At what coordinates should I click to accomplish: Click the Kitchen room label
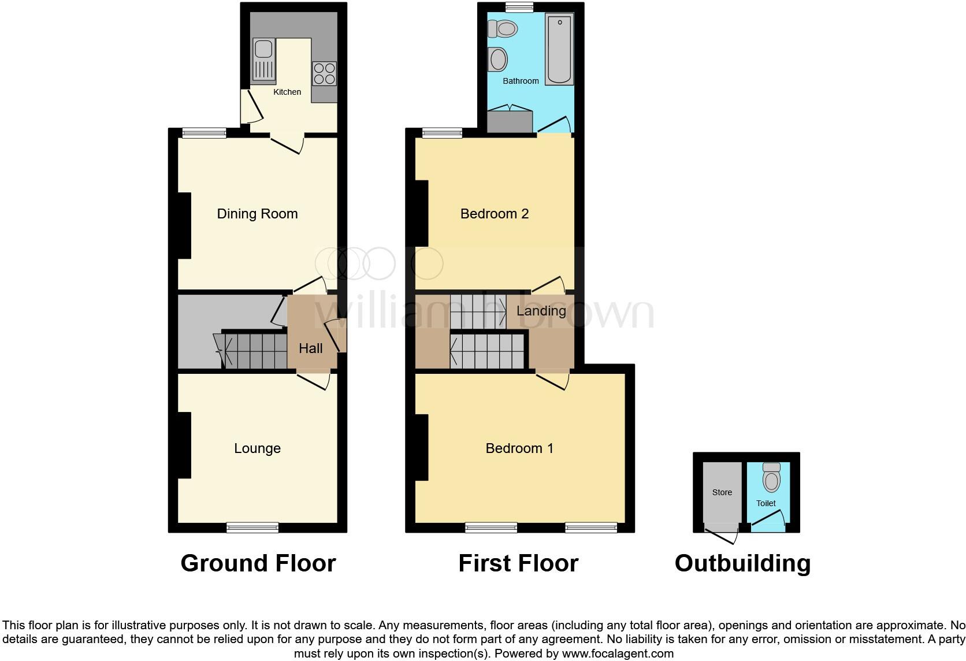[x=287, y=92]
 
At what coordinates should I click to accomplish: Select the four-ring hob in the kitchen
[x=325, y=73]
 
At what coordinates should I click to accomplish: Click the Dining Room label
[x=257, y=214]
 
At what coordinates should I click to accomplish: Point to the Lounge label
[x=257, y=448]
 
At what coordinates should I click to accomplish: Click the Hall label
[x=311, y=348]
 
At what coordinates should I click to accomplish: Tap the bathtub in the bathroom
[x=559, y=50]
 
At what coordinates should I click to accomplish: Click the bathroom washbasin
[x=497, y=59]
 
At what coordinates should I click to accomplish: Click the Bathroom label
[x=521, y=81]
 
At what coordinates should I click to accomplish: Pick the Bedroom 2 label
[x=495, y=214]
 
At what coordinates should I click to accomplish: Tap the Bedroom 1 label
[x=519, y=448]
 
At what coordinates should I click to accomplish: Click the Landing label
[x=541, y=311]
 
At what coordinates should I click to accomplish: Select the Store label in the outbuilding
[x=722, y=492]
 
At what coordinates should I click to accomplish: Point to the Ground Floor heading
[x=258, y=563]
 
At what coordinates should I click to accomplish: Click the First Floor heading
[x=518, y=563]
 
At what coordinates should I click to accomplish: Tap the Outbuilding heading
[x=742, y=563]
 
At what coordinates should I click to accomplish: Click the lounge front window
[x=252, y=526]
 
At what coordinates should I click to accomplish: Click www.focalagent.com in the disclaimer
[x=618, y=654]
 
